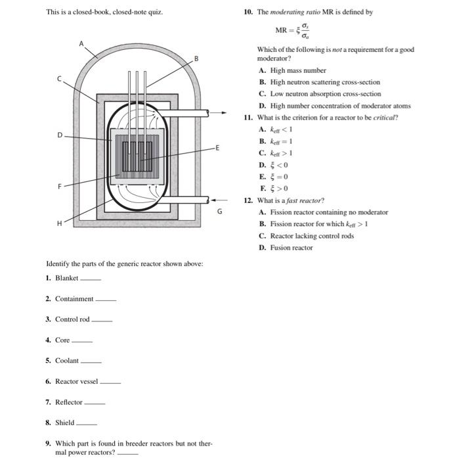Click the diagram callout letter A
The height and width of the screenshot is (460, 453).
(82, 43)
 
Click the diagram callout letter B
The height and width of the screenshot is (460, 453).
(196, 59)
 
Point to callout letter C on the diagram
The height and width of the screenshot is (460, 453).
(58, 79)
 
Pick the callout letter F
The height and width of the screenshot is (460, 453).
(58, 187)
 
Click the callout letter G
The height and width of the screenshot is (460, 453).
(220, 212)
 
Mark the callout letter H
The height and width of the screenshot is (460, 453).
(58, 223)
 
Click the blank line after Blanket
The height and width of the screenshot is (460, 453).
(91, 279)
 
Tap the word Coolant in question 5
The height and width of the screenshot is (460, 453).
(66, 361)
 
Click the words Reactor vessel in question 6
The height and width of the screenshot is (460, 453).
(76, 381)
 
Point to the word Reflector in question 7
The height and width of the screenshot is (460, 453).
(69, 402)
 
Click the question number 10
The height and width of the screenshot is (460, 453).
(248, 12)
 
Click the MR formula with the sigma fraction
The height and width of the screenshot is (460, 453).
(293, 32)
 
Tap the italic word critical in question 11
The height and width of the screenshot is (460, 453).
(383, 118)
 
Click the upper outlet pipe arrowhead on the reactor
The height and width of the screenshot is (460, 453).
(211, 112)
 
